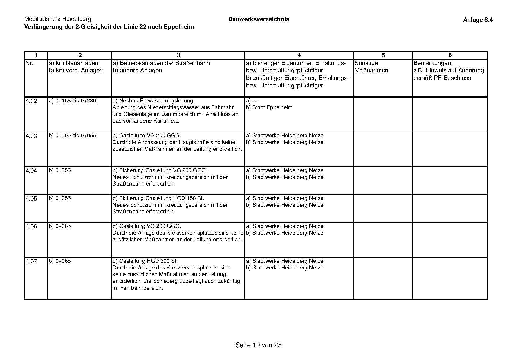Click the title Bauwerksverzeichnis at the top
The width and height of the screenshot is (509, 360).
click(x=259, y=19)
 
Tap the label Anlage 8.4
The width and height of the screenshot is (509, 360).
click(x=478, y=20)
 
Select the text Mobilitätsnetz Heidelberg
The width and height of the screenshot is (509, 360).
click(x=57, y=19)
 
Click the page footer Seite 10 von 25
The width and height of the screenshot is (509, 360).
click(x=258, y=345)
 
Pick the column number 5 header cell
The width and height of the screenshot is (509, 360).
click(x=383, y=55)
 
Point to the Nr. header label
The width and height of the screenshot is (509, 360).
click(x=30, y=63)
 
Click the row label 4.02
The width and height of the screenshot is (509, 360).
click(x=31, y=101)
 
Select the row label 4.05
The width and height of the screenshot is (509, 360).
click(x=31, y=199)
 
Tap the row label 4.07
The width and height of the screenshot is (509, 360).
click(x=31, y=262)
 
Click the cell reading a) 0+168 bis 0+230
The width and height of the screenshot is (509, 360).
click(x=73, y=101)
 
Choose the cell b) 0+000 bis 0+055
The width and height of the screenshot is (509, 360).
click(x=73, y=136)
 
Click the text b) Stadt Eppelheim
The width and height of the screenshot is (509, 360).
click(x=269, y=107)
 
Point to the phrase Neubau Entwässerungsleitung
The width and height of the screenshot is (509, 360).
click(x=156, y=101)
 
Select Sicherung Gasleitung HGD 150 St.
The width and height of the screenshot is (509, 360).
click(x=161, y=199)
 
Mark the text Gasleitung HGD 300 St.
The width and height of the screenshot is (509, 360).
click(x=148, y=261)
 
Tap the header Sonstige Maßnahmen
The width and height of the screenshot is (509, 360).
click(x=371, y=67)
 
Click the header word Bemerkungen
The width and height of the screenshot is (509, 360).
click(x=433, y=63)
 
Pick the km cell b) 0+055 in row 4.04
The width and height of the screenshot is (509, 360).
click(x=60, y=171)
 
